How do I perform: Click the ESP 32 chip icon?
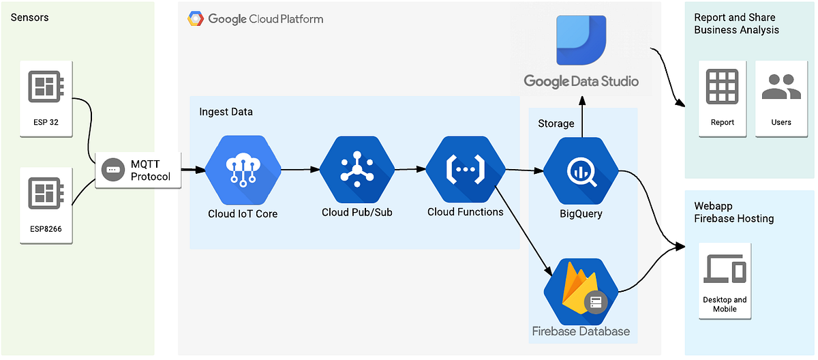tap(46, 86)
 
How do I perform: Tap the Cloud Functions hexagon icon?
tap(465, 168)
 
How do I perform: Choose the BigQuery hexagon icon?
tap(581, 171)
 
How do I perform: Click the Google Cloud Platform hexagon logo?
tap(196, 19)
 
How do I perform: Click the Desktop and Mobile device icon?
tap(725, 269)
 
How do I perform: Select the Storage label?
tap(556, 123)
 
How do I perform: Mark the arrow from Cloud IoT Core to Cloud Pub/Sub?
tap(300, 169)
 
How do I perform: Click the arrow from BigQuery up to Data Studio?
tap(581, 116)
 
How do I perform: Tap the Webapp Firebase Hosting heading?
tap(733, 212)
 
